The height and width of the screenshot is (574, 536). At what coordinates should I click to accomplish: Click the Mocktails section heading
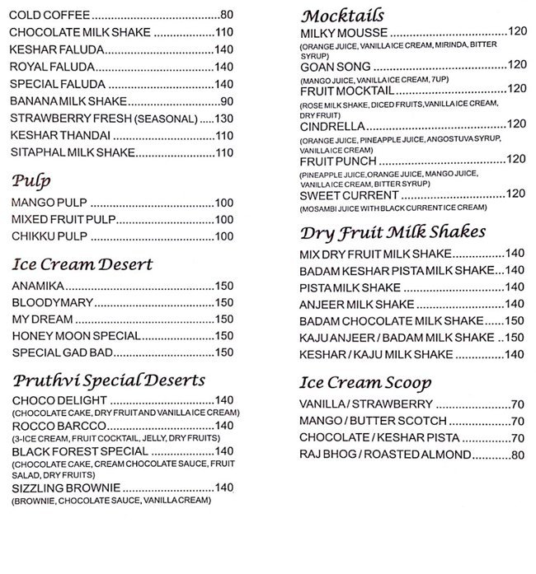pos(342,16)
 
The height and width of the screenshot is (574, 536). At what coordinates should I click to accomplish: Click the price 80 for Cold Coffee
pos(227,15)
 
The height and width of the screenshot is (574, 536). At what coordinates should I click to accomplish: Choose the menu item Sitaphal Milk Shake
pos(73,153)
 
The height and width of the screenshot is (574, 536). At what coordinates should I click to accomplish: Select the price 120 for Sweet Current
pos(515,194)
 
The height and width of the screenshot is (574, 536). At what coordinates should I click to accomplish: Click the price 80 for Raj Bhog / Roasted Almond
pos(518,455)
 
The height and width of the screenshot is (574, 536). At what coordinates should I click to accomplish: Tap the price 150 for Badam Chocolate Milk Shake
pos(514,320)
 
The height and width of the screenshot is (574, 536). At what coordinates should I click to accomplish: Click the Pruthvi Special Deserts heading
pos(109,380)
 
